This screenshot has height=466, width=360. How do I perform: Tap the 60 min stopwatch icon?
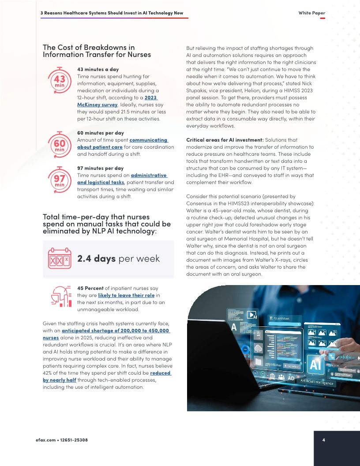click(60, 144)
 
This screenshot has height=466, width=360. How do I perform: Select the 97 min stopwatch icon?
click(60, 180)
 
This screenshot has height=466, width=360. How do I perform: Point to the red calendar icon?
click(60, 259)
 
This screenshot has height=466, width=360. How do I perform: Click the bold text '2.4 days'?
click(96, 259)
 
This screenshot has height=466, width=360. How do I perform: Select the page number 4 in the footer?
click(323, 440)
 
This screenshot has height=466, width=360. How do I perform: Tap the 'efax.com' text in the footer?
click(45, 440)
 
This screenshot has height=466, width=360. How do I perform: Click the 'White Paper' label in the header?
click(311, 13)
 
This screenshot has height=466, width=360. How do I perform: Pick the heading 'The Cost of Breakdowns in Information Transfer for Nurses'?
click(97, 51)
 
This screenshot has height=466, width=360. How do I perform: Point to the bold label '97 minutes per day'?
click(100, 168)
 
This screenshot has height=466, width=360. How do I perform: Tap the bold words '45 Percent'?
click(91, 288)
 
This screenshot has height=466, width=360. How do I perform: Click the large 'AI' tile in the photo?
click(315, 365)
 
